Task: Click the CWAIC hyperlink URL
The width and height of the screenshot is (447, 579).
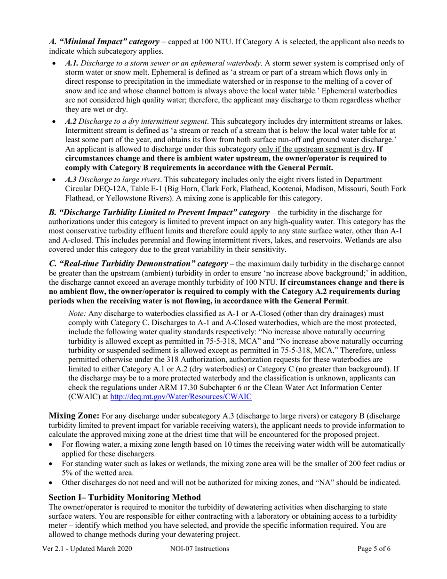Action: coord(181,397)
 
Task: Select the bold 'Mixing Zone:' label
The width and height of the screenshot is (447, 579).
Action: coord(74,416)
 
